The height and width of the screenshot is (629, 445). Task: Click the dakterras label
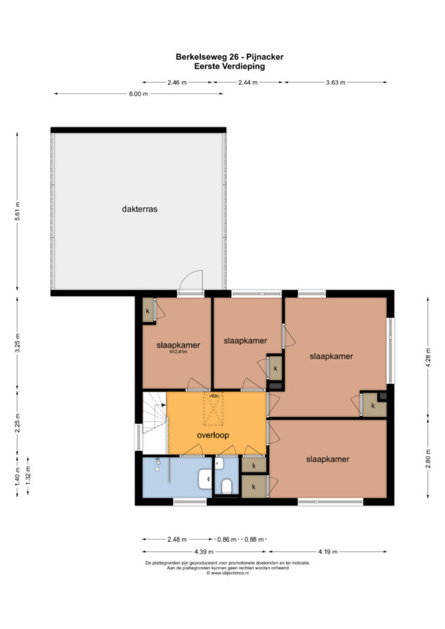click(140, 209)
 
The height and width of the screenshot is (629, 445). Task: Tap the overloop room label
click(213, 436)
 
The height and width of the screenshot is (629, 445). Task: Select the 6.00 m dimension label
click(138, 94)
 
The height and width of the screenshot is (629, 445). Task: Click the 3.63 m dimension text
click(336, 83)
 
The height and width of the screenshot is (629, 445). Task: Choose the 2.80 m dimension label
click(428, 458)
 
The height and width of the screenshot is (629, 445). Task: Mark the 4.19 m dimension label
click(328, 552)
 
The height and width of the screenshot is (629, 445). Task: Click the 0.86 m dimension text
click(227, 539)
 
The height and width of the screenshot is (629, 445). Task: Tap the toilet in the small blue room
click(227, 486)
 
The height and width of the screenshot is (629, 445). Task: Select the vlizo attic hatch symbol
click(214, 408)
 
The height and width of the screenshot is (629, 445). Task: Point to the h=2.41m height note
click(178, 352)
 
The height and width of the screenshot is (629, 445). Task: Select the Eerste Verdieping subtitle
click(229, 66)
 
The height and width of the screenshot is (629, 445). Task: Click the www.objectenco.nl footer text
click(228, 573)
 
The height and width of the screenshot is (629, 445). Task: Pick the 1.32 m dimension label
click(28, 476)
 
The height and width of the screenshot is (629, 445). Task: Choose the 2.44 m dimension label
click(248, 83)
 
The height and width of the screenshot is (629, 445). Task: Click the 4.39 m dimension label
click(204, 552)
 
